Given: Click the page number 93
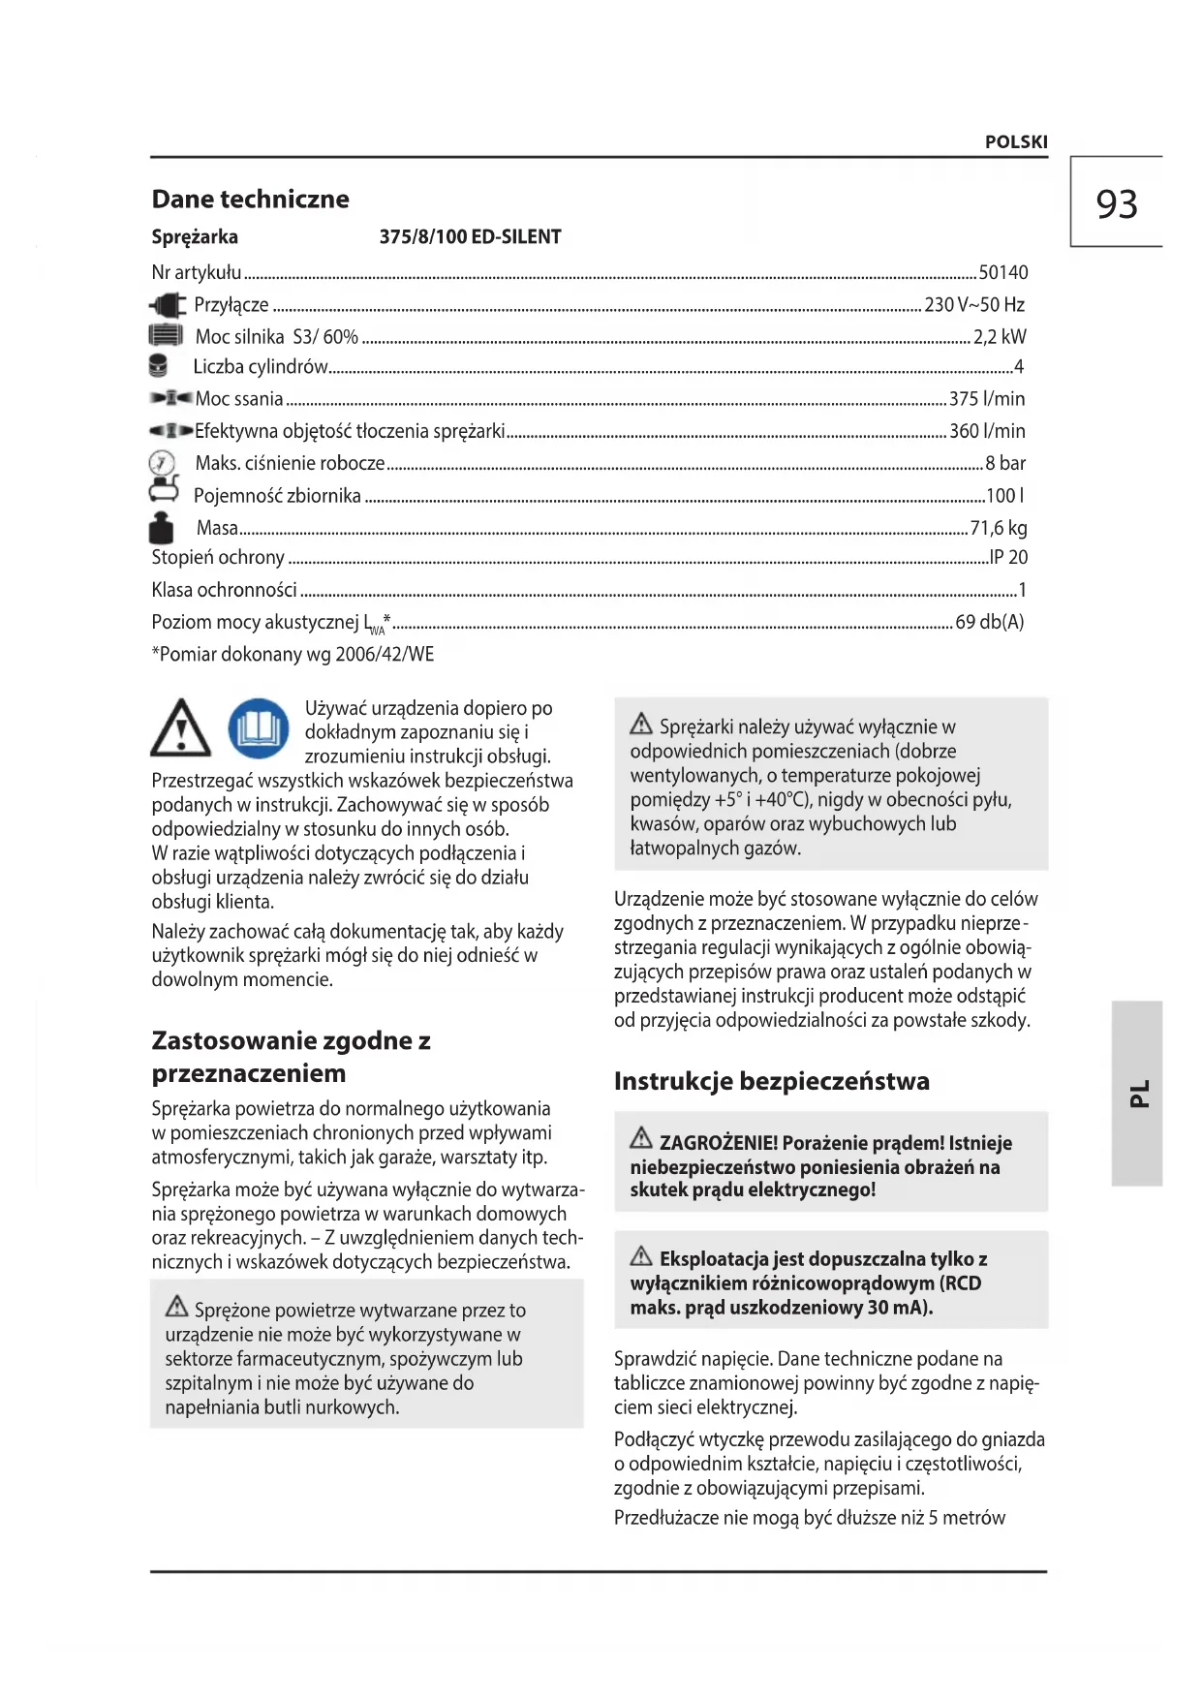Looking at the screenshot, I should tap(1116, 203).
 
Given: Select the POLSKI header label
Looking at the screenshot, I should tap(1016, 141).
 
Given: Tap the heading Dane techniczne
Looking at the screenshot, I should tap(250, 200).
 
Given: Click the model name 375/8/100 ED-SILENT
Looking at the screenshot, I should tap(470, 237).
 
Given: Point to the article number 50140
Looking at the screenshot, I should tap(1002, 273).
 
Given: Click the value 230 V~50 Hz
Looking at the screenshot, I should tap(973, 305).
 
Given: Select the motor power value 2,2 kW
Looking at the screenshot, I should tap(999, 337).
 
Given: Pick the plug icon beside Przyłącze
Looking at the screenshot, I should tap(168, 306).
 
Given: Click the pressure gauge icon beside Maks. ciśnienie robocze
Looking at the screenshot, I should tap(162, 462).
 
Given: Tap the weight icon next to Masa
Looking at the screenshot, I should tap(161, 528).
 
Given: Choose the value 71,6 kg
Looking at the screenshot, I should tap(998, 528).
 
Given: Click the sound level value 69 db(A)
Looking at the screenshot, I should tap(989, 622).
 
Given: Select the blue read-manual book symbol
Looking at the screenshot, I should tap(259, 728).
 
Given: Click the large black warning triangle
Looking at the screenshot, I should tap(181, 728).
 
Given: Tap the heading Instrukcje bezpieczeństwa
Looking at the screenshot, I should tap(771, 1081).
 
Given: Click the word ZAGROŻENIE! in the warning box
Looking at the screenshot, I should tap(719, 1143).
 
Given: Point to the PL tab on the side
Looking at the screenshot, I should tap(1138, 1093).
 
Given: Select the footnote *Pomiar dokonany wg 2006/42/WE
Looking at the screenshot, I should tap(293, 655).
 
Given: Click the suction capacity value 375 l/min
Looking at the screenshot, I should tap(986, 399).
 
